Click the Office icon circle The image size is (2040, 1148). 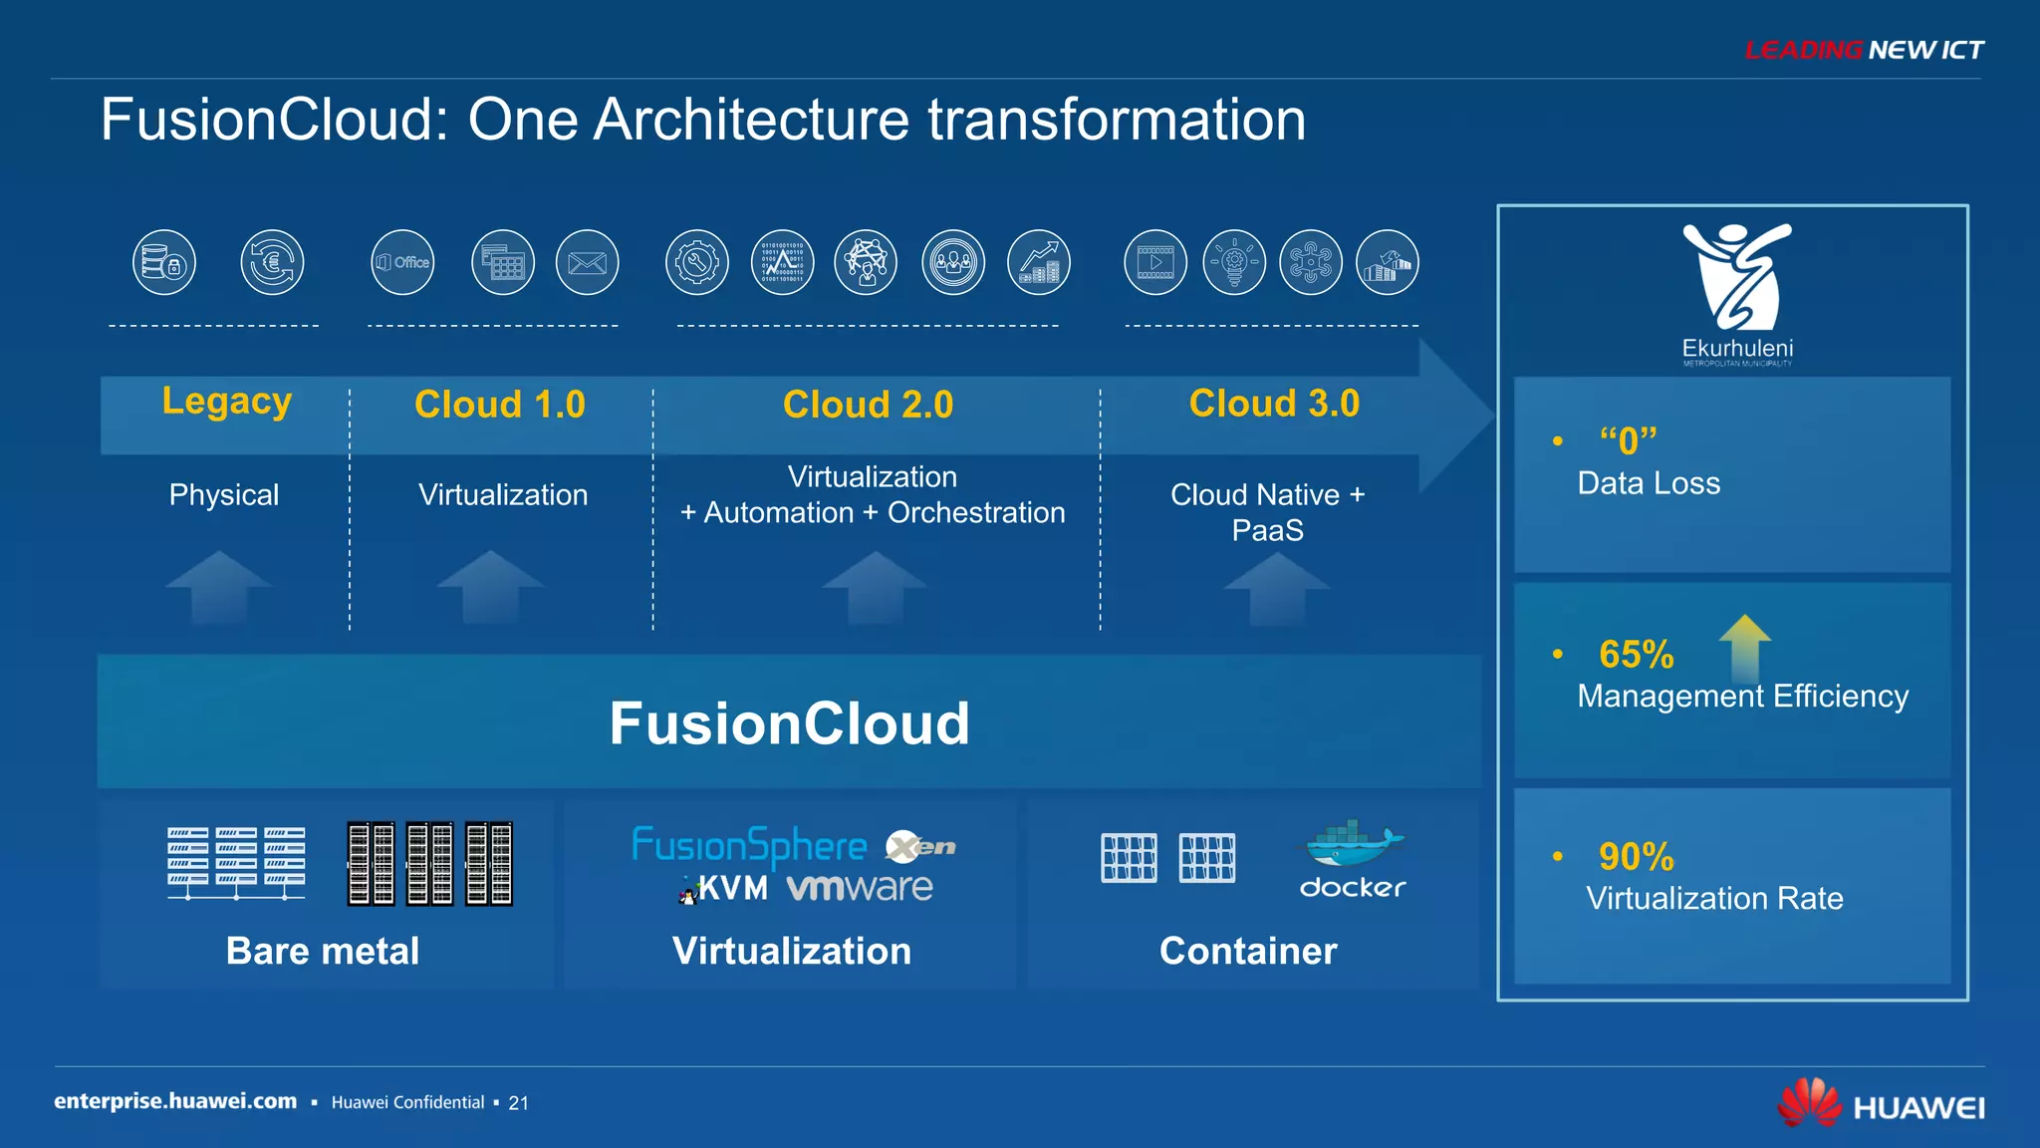pyautogui.click(x=402, y=262)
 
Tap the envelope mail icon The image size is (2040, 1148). pyautogui.click(x=587, y=262)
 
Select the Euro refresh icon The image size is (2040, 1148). pyautogui.click(x=272, y=262)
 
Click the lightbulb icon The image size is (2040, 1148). pyautogui.click(x=1234, y=262)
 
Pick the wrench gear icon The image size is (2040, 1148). pyautogui.click(x=696, y=262)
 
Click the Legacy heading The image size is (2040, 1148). pyautogui.click(x=226, y=401)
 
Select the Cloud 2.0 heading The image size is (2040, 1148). pyautogui.click(x=868, y=405)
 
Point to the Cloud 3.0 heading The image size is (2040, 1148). pyautogui.click(x=1274, y=404)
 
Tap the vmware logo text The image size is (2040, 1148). pyautogui.click(x=860, y=887)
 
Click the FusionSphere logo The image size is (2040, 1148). pyautogui.click(x=749, y=846)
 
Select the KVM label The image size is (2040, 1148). pyautogui.click(x=733, y=888)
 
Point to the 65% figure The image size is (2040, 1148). pyautogui.click(x=1636, y=655)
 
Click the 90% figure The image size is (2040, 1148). pyautogui.click(x=1636, y=857)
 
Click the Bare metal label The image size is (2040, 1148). pyautogui.click(x=323, y=951)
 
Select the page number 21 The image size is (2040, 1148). pyautogui.click(x=518, y=1103)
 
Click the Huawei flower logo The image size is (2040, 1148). pyautogui.click(x=1810, y=1103)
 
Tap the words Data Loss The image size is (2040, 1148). pyautogui.click(x=1649, y=483)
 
